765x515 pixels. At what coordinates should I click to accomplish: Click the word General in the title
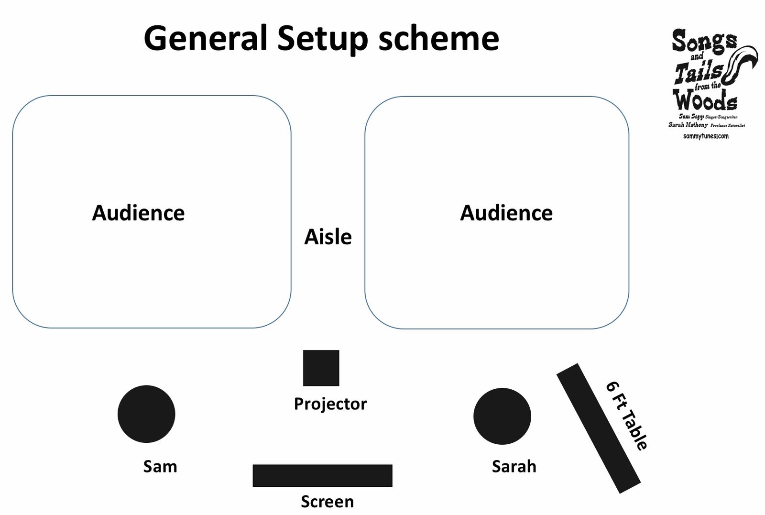(x=205, y=38)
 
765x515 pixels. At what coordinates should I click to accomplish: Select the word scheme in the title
(x=438, y=38)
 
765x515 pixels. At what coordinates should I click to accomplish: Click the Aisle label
(x=328, y=237)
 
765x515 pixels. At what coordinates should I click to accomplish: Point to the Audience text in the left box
(x=138, y=213)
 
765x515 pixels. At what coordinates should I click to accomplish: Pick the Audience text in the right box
(x=506, y=213)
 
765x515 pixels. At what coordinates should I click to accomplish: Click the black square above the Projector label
(x=321, y=368)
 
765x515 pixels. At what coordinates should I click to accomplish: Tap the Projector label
(x=330, y=404)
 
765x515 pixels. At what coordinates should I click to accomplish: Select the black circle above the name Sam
(x=146, y=414)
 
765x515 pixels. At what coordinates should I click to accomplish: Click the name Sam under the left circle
(x=160, y=466)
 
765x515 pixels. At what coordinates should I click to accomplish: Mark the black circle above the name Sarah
(x=502, y=416)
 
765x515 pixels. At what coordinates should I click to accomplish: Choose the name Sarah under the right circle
(x=514, y=466)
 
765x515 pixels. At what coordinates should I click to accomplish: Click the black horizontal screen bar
(x=322, y=475)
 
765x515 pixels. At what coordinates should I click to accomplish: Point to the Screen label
(x=328, y=502)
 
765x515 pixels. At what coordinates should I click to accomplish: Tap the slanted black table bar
(x=598, y=428)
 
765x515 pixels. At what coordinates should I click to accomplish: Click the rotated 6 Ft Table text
(x=627, y=416)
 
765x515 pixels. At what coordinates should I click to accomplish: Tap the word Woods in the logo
(x=705, y=100)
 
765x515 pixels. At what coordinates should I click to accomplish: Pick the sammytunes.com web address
(x=706, y=136)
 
